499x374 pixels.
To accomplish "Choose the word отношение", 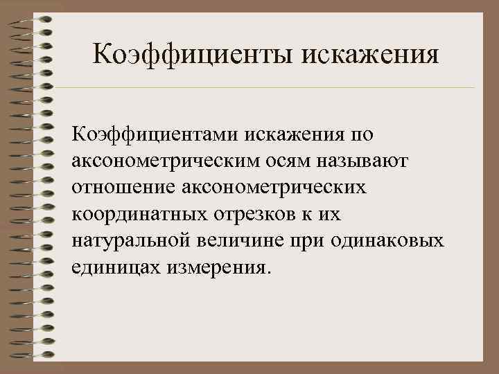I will pos(121,187).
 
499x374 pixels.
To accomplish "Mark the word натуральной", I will pos(131,240).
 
